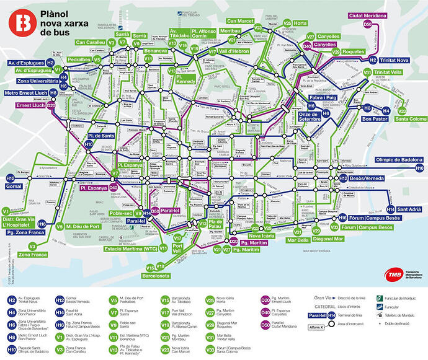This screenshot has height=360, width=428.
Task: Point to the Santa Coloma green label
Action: tap(410, 119)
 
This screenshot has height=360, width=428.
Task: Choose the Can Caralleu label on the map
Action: tap(91, 42)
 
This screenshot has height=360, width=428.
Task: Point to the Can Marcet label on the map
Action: tap(241, 21)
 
